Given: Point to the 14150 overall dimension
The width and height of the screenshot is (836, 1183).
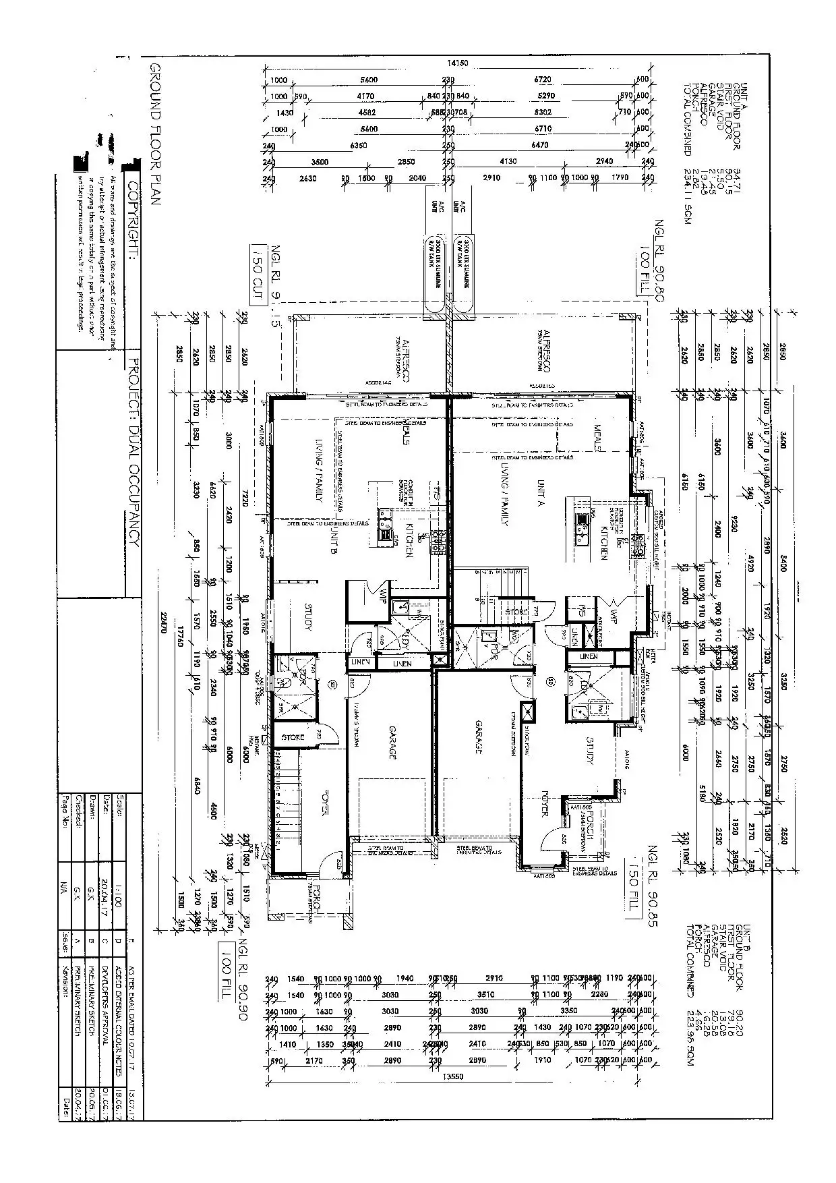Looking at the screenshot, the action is (x=458, y=63).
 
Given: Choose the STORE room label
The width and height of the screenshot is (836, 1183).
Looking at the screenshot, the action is (x=293, y=737).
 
